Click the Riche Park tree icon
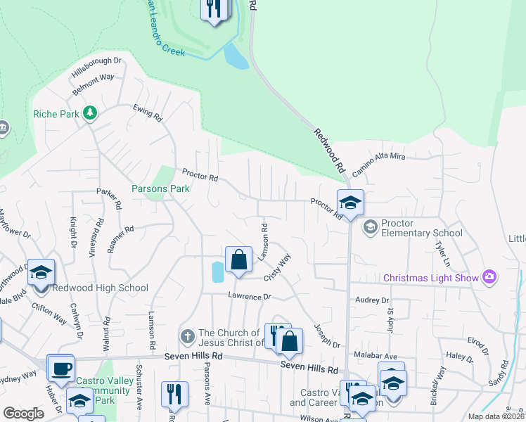coord(89,113)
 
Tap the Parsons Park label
coord(160,188)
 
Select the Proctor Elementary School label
coord(421,228)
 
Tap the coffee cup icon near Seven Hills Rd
coord(60,367)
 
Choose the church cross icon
coord(187,338)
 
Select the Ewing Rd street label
coord(148,112)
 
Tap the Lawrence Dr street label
coord(249,297)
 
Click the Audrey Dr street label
coord(373,300)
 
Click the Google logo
coord(24,414)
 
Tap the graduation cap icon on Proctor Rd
coord(350,203)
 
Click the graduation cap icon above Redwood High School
coord(41,272)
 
